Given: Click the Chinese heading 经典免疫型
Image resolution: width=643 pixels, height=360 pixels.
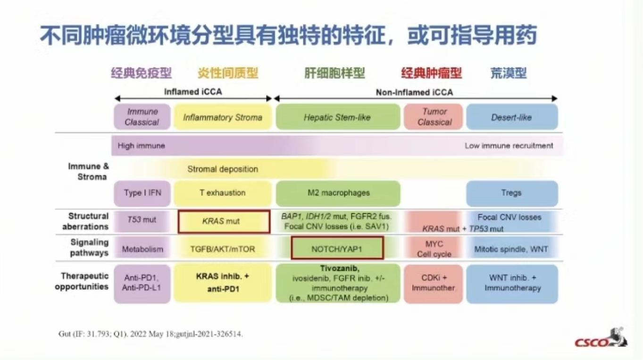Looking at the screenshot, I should tap(142, 73).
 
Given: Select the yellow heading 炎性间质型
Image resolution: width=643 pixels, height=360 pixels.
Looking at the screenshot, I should tap(228, 73).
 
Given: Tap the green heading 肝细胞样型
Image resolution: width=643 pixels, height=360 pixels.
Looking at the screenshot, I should tap(334, 73).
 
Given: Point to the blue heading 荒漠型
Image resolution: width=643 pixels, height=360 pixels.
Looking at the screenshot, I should tap(508, 73).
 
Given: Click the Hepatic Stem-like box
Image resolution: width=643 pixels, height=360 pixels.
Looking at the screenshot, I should tap(337, 117).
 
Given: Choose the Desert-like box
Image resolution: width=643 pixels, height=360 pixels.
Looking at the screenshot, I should tap(511, 117).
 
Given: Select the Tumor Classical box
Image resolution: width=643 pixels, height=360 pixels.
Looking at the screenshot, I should tap(434, 117).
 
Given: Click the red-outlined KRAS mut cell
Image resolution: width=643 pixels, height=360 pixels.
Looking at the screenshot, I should tap(224, 221).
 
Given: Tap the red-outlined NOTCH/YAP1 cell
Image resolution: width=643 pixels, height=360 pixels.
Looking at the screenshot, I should tap(337, 248).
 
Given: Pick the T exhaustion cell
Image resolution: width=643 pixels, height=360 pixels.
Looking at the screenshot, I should tap(222, 193).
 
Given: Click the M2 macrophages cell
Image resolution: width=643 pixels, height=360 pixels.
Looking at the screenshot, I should tap(337, 193).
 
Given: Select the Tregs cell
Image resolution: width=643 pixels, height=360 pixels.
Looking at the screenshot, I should tap(511, 193).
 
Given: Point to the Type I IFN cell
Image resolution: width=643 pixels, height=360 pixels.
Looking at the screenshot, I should tap(142, 193).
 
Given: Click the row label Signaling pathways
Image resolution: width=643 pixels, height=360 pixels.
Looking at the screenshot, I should tap(89, 248).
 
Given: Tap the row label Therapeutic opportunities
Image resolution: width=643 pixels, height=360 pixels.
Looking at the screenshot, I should tap(84, 281).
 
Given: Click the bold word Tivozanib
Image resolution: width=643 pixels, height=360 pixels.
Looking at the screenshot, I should tap(337, 268).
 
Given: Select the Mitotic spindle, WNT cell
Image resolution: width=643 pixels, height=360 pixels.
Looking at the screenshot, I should tap(511, 249).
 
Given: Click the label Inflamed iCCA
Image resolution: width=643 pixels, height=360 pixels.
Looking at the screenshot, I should tap(192, 92).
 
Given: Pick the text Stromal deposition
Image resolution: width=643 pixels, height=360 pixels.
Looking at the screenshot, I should tap(223, 169).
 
